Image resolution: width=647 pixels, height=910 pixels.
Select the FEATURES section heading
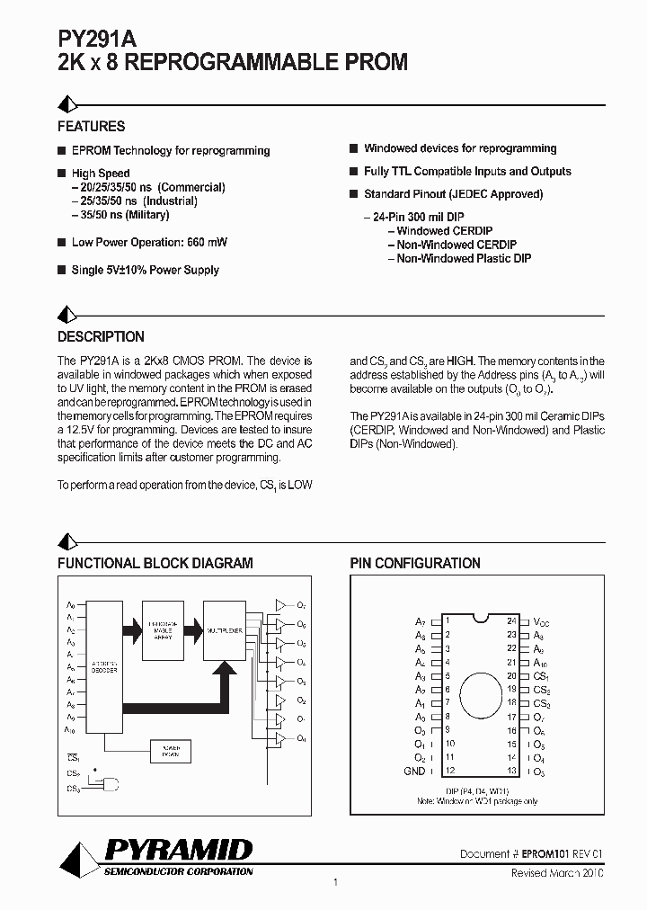tap(91, 127)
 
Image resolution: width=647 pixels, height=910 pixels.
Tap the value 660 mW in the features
tap(206, 242)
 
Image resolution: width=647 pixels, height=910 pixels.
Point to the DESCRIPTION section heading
tap(101, 337)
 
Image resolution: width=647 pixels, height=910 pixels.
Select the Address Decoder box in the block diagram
tap(103, 665)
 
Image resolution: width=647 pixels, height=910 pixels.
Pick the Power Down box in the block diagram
tap(172, 752)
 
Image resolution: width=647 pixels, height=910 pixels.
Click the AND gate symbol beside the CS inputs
tap(109, 781)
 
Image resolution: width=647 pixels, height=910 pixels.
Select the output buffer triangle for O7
tap(279, 605)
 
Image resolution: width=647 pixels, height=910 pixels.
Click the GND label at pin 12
tap(414, 772)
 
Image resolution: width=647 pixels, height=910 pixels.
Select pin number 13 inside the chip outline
tap(510, 772)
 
